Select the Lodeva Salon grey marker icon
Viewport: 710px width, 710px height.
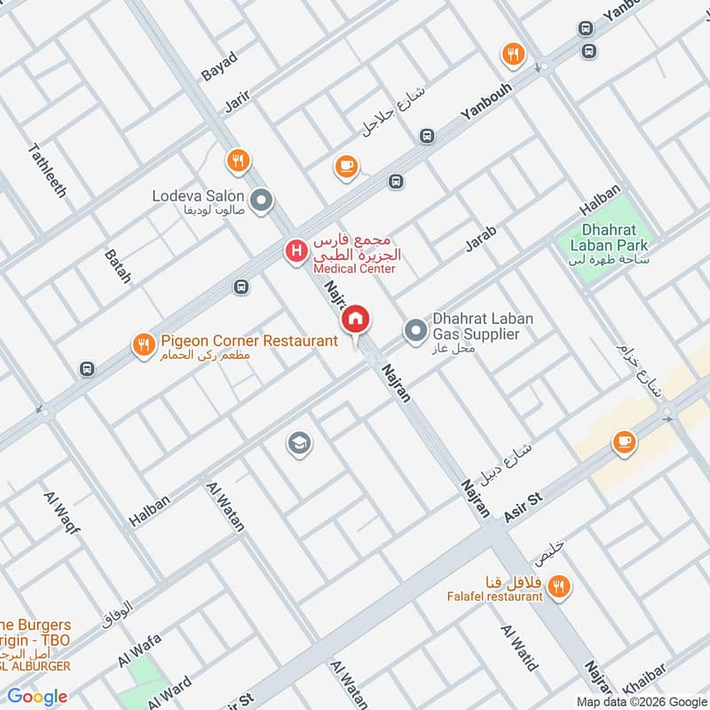coord(261,202)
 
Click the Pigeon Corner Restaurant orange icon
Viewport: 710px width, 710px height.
coord(143,346)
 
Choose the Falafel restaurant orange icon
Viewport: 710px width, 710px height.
coord(558,585)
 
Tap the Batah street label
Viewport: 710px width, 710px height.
coord(117,266)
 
